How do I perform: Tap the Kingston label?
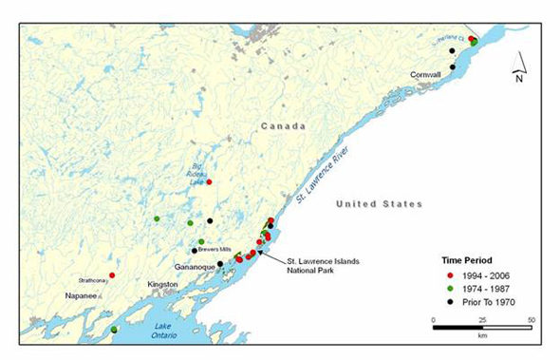coord(161,284)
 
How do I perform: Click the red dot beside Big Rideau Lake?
coord(209,181)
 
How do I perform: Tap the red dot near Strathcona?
coord(112,275)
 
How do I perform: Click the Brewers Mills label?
coord(216,250)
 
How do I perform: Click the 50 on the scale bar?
coord(529,320)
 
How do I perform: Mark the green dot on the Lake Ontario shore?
coord(114,330)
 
